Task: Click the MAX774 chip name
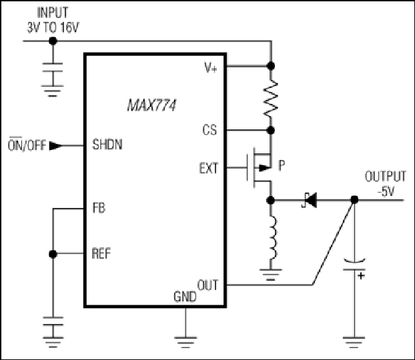coord(151,105)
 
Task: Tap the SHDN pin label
coord(107,145)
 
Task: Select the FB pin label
coord(99,207)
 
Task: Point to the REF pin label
coord(101,253)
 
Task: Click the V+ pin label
coord(211,67)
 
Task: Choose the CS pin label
coord(210,130)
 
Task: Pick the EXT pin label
coord(209,168)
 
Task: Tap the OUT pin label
coord(207,285)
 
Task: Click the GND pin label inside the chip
coord(185,297)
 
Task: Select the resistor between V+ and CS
coord(270,98)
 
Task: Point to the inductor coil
coord(273,237)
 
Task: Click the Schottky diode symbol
coord(309,200)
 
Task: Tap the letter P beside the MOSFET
coord(282,165)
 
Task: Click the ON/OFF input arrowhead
coord(55,146)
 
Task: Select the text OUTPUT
coord(386,177)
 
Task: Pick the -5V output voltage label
coord(386,191)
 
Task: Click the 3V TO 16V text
coord(53,27)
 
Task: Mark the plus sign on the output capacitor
coord(361,275)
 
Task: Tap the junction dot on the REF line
coord(53,254)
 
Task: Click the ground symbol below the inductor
coord(270,274)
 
